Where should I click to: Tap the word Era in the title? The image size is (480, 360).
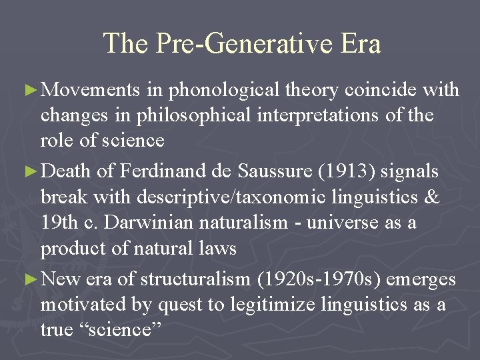coord(359,44)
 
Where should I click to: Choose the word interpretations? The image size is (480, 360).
coord(323,115)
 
